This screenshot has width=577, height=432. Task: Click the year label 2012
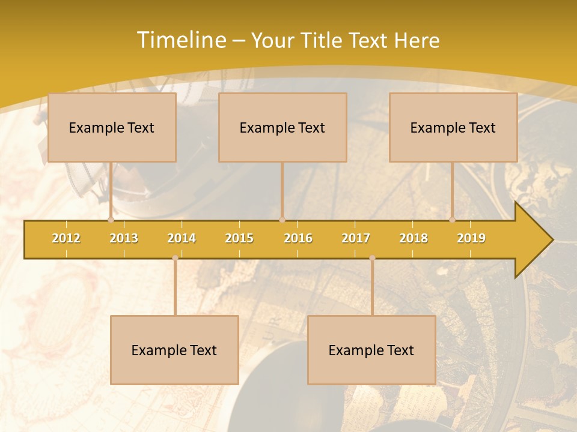coord(66,238)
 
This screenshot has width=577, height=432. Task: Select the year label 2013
coord(124,238)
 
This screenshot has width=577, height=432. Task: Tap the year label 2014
coord(182,238)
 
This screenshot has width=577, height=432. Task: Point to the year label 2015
coord(239,238)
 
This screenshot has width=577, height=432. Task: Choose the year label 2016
coord(298,238)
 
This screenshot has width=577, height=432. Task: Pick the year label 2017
coord(356,238)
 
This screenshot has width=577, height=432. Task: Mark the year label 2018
coord(414,238)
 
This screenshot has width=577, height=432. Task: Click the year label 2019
coord(471,238)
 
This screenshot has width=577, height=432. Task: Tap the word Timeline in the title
coord(180,40)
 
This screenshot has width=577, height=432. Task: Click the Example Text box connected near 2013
coord(112,127)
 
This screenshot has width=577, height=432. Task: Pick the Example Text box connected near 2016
coord(282,127)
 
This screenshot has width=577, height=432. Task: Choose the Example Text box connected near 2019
coord(453,127)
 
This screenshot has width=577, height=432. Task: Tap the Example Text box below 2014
coord(174,350)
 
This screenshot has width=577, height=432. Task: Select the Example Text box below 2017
coord(371,350)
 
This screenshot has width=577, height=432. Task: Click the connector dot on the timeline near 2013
coord(111,220)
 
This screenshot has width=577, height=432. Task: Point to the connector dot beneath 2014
coord(175,257)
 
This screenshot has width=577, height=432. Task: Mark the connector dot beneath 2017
coord(372,257)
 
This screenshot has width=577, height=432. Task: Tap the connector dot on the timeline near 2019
coord(452,220)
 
